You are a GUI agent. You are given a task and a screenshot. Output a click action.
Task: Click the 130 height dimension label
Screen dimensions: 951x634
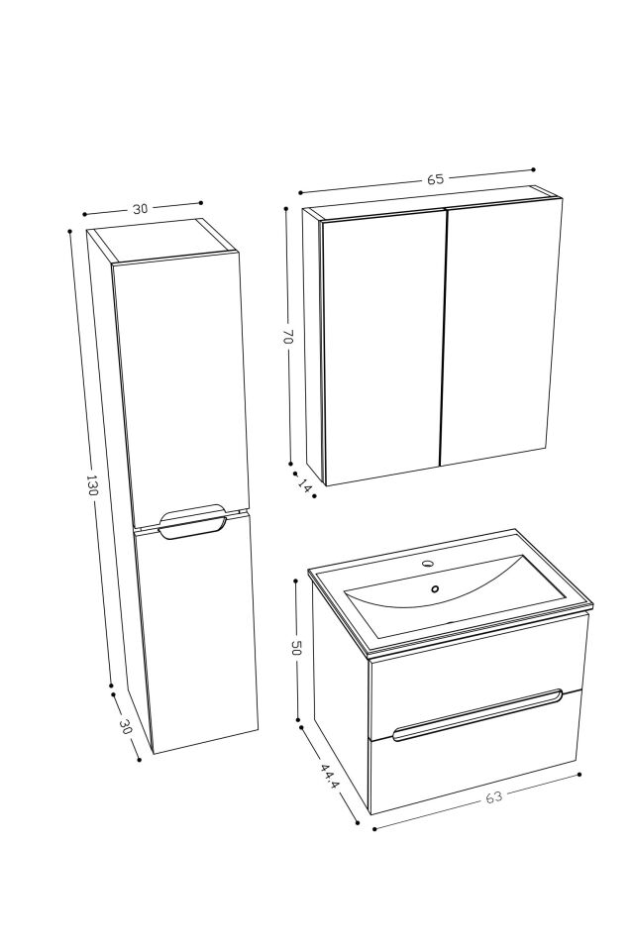point(92,485)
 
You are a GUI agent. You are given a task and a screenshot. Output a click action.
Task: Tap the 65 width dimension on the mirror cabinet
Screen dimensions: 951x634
point(435,179)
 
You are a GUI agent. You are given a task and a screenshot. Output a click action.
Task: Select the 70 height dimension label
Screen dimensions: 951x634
point(287,338)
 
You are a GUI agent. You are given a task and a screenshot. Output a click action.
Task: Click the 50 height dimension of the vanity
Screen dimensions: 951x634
point(295,648)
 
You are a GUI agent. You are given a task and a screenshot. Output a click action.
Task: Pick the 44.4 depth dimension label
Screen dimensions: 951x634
point(330,775)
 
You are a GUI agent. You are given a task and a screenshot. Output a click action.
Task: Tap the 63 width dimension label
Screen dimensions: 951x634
point(493,797)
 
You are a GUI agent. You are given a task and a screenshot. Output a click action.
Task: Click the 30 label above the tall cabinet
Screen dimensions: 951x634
point(141,209)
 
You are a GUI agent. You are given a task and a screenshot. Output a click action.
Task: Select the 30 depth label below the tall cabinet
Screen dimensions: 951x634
point(126,726)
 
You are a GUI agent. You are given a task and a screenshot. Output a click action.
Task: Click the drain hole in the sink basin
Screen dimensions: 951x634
point(435,589)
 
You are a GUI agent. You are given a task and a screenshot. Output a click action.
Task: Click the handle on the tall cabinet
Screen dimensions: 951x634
point(192,522)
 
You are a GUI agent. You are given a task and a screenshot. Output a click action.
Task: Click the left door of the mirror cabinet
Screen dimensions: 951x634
point(381,347)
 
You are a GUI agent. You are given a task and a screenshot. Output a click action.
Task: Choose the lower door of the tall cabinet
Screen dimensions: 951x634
point(198,634)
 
